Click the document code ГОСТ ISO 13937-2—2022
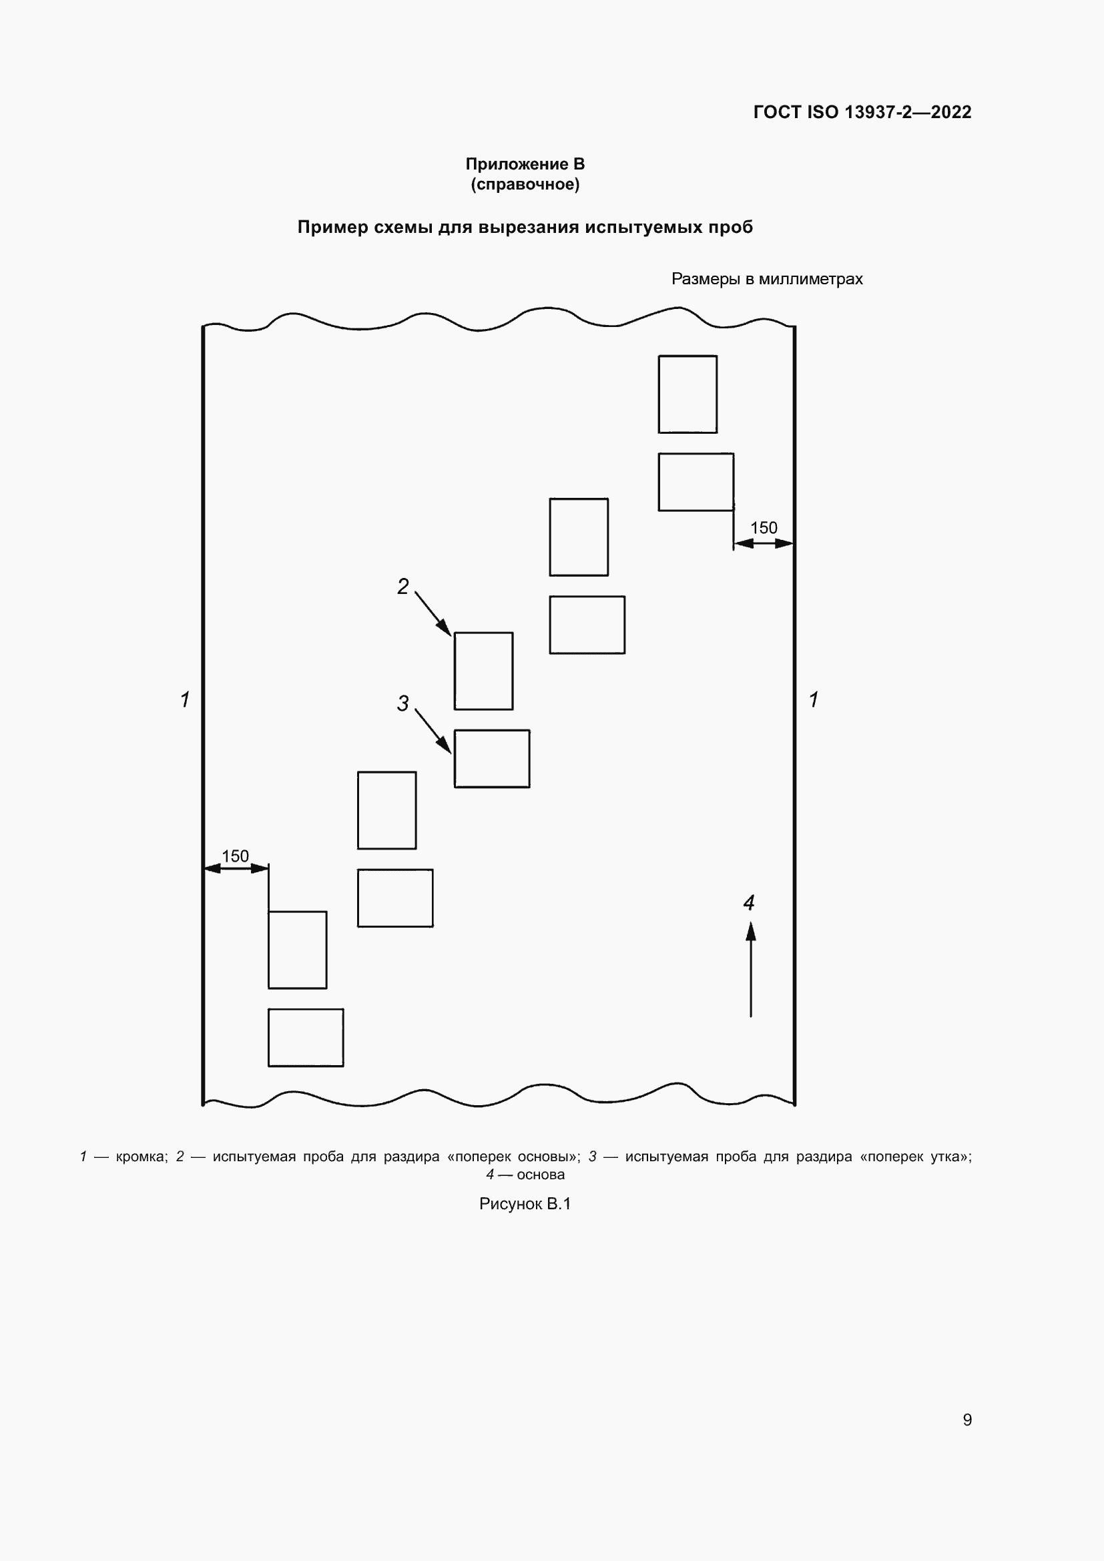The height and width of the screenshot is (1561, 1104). point(862,112)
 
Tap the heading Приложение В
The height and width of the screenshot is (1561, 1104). point(525,164)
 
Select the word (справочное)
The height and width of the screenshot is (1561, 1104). point(525,184)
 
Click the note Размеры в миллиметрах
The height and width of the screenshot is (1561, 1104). point(767,279)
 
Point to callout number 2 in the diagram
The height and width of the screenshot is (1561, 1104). point(403,586)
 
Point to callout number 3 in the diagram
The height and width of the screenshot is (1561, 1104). point(403,703)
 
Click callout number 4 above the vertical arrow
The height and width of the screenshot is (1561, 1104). point(749,903)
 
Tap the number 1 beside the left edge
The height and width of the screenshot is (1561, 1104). point(185,699)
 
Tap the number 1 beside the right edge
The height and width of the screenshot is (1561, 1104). point(814,699)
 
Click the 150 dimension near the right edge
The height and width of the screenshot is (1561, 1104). point(764,528)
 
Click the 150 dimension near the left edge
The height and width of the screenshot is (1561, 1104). point(235,856)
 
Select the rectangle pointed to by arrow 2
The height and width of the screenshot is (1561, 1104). point(483,671)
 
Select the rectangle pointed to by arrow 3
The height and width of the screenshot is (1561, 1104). point(491,759)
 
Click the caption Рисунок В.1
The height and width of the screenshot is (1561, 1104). point(525,1204)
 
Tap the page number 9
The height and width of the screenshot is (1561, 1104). point(967,1420)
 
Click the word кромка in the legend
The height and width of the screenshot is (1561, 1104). point(142,1157)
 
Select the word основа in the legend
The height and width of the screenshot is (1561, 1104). point(541,1175)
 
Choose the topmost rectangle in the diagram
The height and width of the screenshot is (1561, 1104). point(687,394)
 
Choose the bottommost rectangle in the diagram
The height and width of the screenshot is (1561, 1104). point(305,1038)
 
